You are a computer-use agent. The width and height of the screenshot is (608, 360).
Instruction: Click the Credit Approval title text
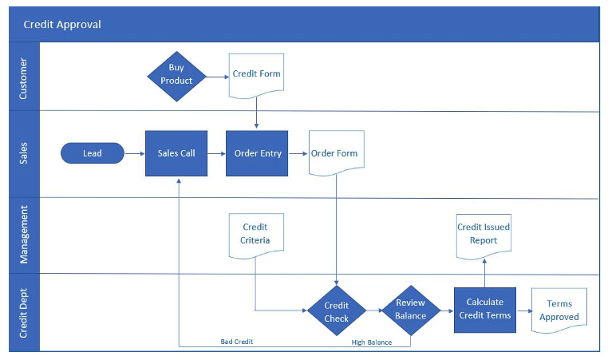point(62,25)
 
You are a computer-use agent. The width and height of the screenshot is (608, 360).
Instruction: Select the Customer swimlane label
point(23,77)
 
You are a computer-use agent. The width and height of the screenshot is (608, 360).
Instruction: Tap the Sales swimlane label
point(23,153)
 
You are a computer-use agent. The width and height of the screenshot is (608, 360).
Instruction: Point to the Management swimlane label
point(23,235)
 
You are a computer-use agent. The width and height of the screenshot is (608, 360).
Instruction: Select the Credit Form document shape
point(256,75)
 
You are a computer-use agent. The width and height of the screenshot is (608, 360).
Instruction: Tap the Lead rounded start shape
point(93,153)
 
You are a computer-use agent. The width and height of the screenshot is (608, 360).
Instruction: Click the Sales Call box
point(176,153)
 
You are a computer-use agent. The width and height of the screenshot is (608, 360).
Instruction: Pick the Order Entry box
point(257,153)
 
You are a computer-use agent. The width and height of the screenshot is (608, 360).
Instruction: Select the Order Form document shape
point(334,153)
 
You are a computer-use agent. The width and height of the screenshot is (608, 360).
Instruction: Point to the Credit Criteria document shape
point(255,234)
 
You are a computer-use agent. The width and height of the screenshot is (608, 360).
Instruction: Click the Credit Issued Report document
point(483,234)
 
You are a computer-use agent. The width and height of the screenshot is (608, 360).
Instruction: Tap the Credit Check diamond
point(337,311)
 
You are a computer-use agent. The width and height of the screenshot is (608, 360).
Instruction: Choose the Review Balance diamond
point(410,310)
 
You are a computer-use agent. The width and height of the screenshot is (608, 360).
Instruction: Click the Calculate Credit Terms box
point(485,309)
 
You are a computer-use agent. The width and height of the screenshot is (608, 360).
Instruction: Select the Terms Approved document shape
point(559,311)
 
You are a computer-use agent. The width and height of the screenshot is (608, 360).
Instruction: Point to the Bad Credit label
point(237,342)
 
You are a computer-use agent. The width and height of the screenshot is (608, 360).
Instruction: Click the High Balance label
point(371,342)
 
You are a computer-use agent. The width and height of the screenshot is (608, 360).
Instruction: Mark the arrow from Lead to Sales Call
point(134,153)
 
